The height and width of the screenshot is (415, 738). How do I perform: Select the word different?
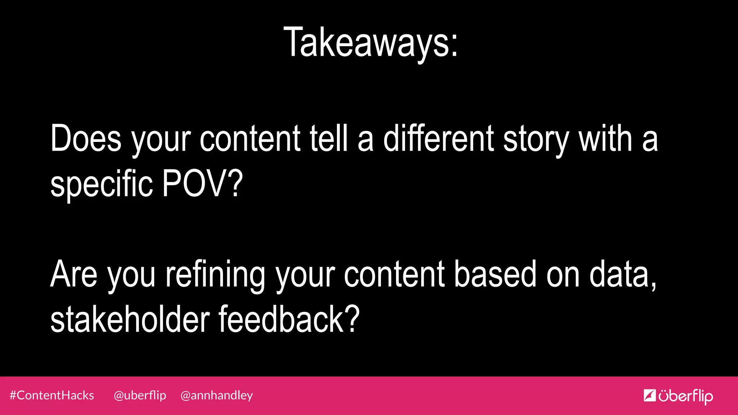439,138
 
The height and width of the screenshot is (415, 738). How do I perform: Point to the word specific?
102,184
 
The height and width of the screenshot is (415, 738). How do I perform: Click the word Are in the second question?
74,274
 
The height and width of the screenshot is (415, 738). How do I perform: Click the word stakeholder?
130,319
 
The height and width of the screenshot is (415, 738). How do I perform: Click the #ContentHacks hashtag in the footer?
52,396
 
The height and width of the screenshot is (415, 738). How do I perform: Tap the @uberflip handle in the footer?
140,396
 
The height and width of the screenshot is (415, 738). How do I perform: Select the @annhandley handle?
217,396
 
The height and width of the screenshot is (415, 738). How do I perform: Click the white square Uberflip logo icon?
649,396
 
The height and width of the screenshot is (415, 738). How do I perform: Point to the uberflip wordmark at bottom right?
685,396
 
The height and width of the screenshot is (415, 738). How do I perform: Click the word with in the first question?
605,138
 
